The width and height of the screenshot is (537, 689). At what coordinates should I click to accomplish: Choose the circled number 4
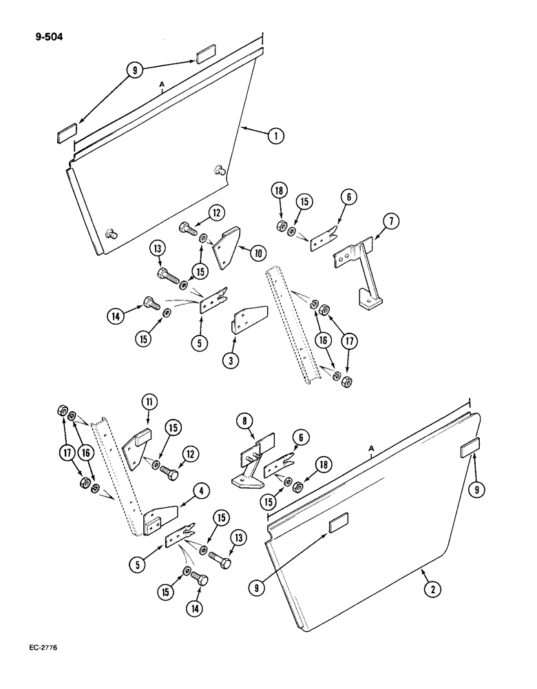tap(201, 491)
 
